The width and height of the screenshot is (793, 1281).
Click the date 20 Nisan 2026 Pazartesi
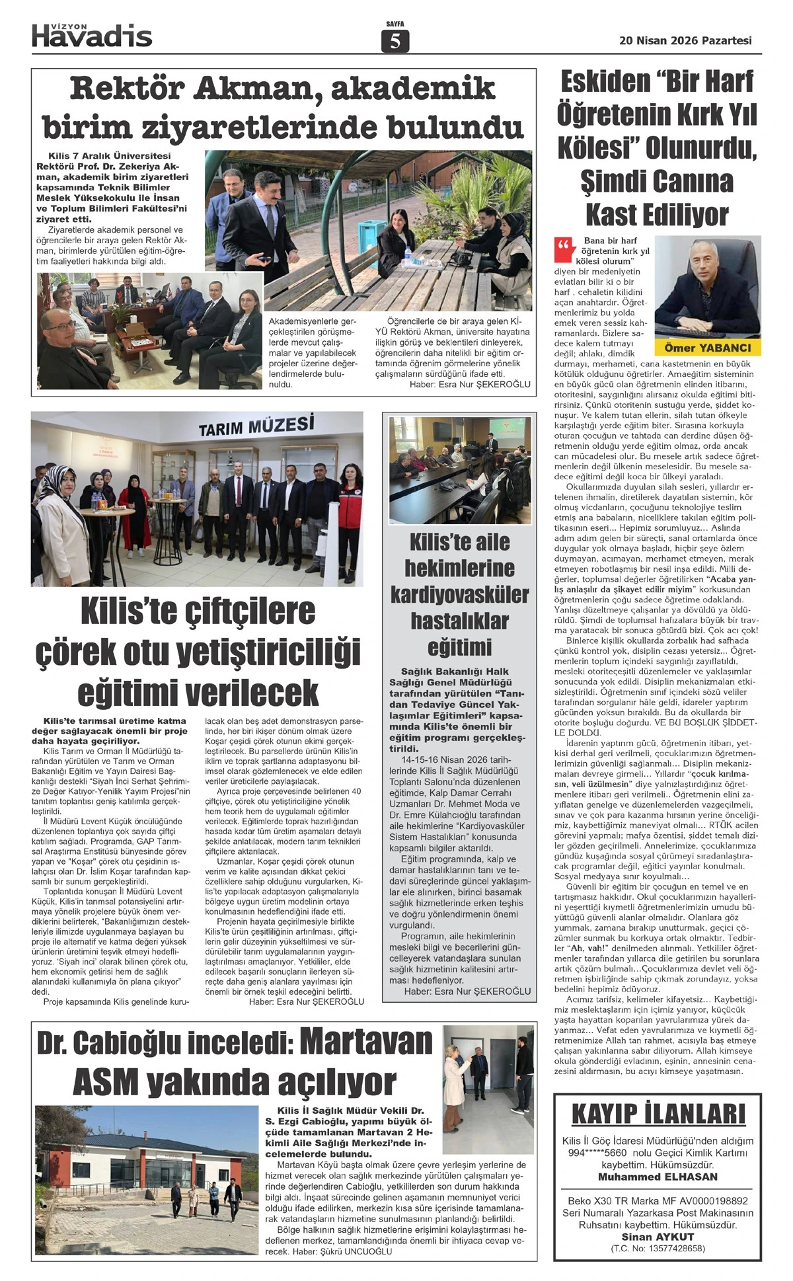tap(685, 40)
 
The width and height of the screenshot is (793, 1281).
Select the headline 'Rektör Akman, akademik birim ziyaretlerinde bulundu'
tap(283, 108)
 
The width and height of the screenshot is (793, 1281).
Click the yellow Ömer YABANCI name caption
tap(707, 348)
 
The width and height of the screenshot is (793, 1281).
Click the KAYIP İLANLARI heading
tap(658, 1114)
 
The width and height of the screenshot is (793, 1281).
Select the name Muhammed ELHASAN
tap(658, 1177)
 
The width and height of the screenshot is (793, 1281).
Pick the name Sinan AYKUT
tap(658, 1237)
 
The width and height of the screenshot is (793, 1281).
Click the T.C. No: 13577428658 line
tap(658, 1248)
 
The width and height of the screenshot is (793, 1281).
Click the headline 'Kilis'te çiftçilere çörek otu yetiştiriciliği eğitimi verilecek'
tap(197, 651)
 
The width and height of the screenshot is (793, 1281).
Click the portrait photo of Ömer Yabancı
tap(707, 288)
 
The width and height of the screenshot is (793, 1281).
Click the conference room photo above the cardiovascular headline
tap(459, 470)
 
